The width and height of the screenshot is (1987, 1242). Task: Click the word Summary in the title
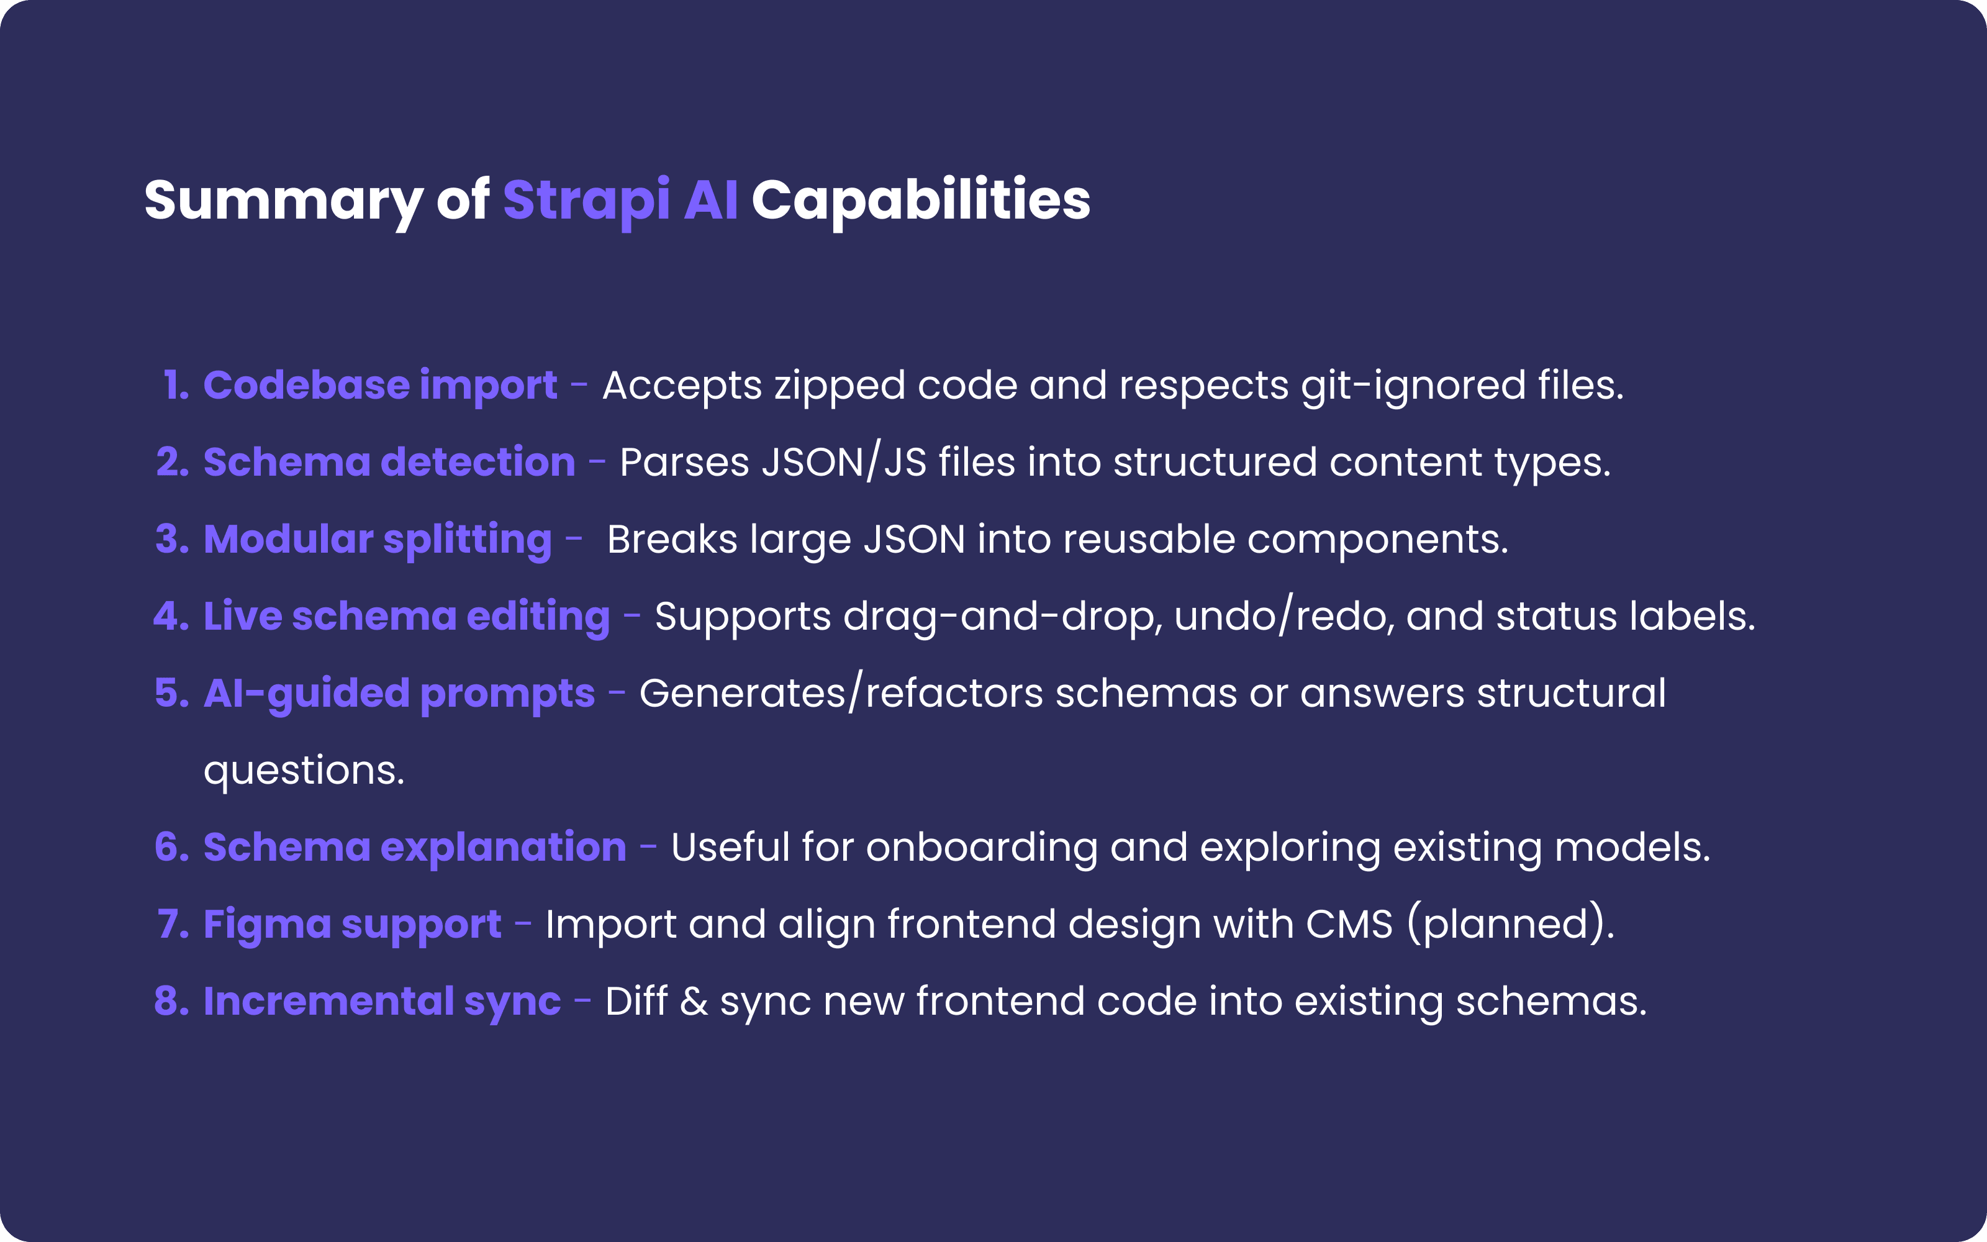point(283,201)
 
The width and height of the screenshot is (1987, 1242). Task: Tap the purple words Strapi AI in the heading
point(620,201)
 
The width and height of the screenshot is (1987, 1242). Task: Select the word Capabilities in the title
point(920,201)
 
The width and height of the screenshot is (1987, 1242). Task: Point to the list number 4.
point(171,616)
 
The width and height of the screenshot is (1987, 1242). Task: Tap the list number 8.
point(171,1001)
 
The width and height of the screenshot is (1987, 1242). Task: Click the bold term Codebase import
point(380,385)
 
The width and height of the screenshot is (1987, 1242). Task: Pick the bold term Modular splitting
point(378,540)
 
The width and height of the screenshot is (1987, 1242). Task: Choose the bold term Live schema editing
point(407,617)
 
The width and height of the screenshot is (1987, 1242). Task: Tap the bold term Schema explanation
point(415,848)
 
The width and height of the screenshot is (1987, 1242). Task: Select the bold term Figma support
point(352,925)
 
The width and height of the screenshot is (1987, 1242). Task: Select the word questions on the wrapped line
point(304,771)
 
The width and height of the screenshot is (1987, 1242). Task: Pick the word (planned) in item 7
point(1510,924)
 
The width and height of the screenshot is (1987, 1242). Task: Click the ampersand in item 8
point(694,1001)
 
